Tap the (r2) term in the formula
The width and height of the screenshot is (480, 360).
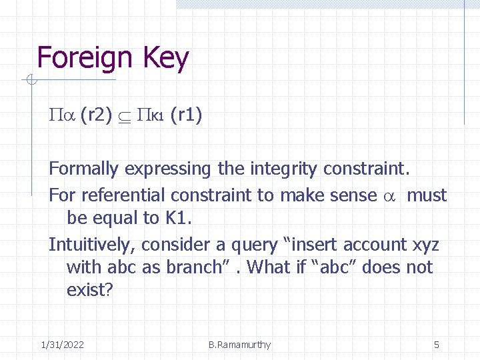[x=96, y=116]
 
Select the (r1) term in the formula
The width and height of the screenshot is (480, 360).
[x=187, y=116]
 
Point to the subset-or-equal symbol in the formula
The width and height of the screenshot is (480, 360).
[x=125, y=117]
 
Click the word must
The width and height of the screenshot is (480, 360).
[x=427, y=195]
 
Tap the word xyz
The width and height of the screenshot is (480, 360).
[x=426, y=245]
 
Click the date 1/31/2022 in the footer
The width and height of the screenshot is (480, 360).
[x=62, y=345]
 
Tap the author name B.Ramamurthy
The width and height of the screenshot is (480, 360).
[x=239, y=345]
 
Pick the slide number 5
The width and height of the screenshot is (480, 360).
[x=437, y=345]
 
